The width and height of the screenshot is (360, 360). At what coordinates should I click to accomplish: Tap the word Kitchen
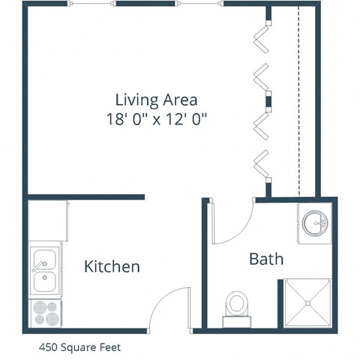(x=112, y=266)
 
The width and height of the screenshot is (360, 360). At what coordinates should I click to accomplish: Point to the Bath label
(x=266, y=259)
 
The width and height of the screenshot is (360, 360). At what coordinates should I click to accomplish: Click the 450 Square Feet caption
(x=79, y=347)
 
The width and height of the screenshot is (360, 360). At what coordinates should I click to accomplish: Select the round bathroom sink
(x=316, y=222)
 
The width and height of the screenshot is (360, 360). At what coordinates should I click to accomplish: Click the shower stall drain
(x=307, y=302)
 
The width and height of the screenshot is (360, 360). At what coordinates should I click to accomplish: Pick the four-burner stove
(x=45, y=312)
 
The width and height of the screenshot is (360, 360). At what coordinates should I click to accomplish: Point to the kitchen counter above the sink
(x=48, y=223)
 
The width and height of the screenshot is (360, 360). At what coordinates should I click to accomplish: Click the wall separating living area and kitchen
(x=86, y=197)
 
